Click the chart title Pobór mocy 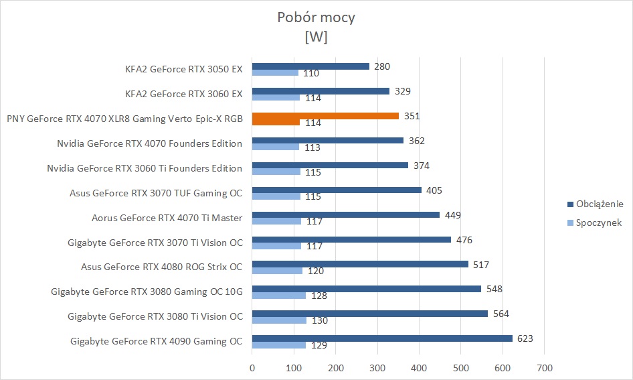[316, 17]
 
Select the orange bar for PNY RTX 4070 [325, 116]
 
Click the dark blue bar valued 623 [382, 338]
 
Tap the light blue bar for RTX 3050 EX [275, 72]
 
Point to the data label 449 [453, 215]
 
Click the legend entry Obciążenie [599, 204]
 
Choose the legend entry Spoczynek [599, 223]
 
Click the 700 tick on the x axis [545, 367]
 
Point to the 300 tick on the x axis [377, 367]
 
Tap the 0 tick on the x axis [252, 367]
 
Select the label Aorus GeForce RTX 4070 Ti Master [167, 217]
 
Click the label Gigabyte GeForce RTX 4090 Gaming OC [156, 341]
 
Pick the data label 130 [320, 321]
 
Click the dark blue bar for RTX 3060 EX [321, 91]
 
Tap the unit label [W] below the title [316, 38]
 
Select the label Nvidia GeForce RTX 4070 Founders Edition [150, 143]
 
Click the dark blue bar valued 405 [337, 190]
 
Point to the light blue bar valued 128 [278, 296]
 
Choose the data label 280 [381, 66]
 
